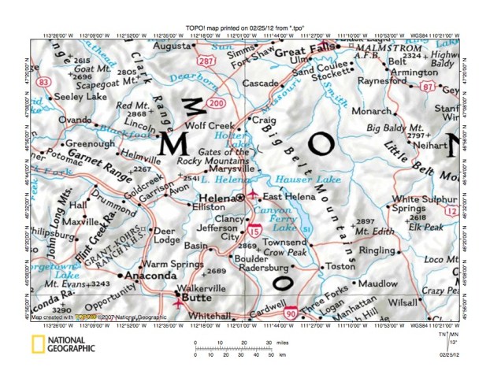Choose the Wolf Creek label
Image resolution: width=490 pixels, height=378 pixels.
click(x=206, y=125)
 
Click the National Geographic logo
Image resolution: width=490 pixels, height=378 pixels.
click(x=63, y=343)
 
